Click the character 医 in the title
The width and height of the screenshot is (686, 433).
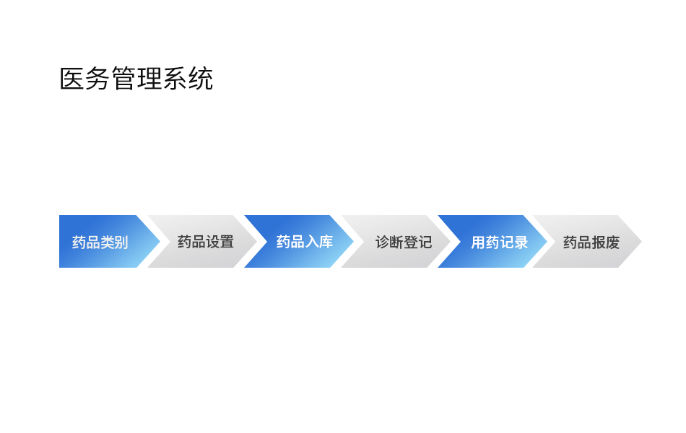tap(71, 79)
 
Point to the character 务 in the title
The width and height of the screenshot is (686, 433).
tap(97, 79)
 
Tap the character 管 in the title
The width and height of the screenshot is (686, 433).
tap(123, 79)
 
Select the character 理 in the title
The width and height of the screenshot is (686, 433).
tap(149, 79)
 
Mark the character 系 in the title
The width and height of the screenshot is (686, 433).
tap(175, 79)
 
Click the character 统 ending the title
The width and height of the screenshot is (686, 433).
tap(200, 79)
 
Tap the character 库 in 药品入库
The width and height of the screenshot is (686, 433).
tap(326, 242)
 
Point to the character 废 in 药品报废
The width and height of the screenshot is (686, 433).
tap(612, 242)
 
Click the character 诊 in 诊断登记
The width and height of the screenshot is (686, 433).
tap(383, 242)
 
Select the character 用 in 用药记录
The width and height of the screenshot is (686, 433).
tap(478, 242)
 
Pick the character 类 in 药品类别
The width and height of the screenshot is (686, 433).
tap(107, 242)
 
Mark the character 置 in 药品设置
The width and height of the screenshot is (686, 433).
tap(227, 242)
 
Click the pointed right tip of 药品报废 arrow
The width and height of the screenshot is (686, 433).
tap(641, 242)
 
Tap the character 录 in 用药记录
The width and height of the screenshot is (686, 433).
tap(521, 242)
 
